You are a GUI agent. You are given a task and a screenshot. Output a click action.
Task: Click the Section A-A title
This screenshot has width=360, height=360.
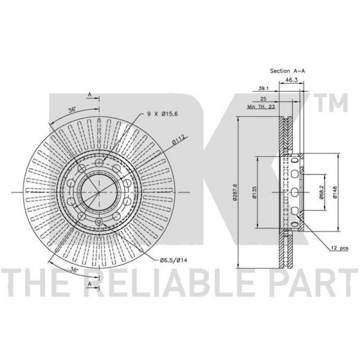[287, 71]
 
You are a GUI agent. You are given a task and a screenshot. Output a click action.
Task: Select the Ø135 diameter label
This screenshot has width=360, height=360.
[254, 192]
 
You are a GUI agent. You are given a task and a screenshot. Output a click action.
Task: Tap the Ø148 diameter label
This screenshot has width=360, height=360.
[334, 192]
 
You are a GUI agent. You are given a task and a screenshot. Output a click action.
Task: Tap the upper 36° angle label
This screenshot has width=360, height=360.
[72, 110]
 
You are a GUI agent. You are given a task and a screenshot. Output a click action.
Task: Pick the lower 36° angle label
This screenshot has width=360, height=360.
[74, 269]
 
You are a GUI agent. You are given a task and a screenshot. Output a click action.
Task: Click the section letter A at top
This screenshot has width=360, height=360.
[90, 94]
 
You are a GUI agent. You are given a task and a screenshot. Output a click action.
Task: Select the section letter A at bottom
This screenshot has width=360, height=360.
[90, 284]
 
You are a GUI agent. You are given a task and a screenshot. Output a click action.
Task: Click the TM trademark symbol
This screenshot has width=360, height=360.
[331, 104]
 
